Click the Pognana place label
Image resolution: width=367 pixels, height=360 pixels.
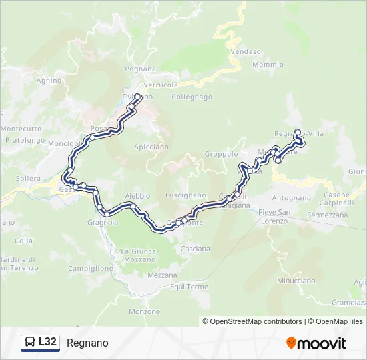(140, 69)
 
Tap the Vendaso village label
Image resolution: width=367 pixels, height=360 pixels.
(245, 51)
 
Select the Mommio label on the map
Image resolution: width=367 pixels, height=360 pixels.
(268, 65)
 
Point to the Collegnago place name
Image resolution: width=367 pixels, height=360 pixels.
(192, 97)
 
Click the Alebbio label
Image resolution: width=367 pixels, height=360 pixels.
(137, 196)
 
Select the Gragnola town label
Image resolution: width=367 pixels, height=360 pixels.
(103, 222)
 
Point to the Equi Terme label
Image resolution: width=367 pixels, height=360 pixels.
(190, 287)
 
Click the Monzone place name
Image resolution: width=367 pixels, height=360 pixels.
(145, 311)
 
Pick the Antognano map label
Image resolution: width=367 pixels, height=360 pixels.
(291, 198)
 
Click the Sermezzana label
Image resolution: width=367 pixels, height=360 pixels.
(327, 215)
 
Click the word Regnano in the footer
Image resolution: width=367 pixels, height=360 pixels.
(87, 343)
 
